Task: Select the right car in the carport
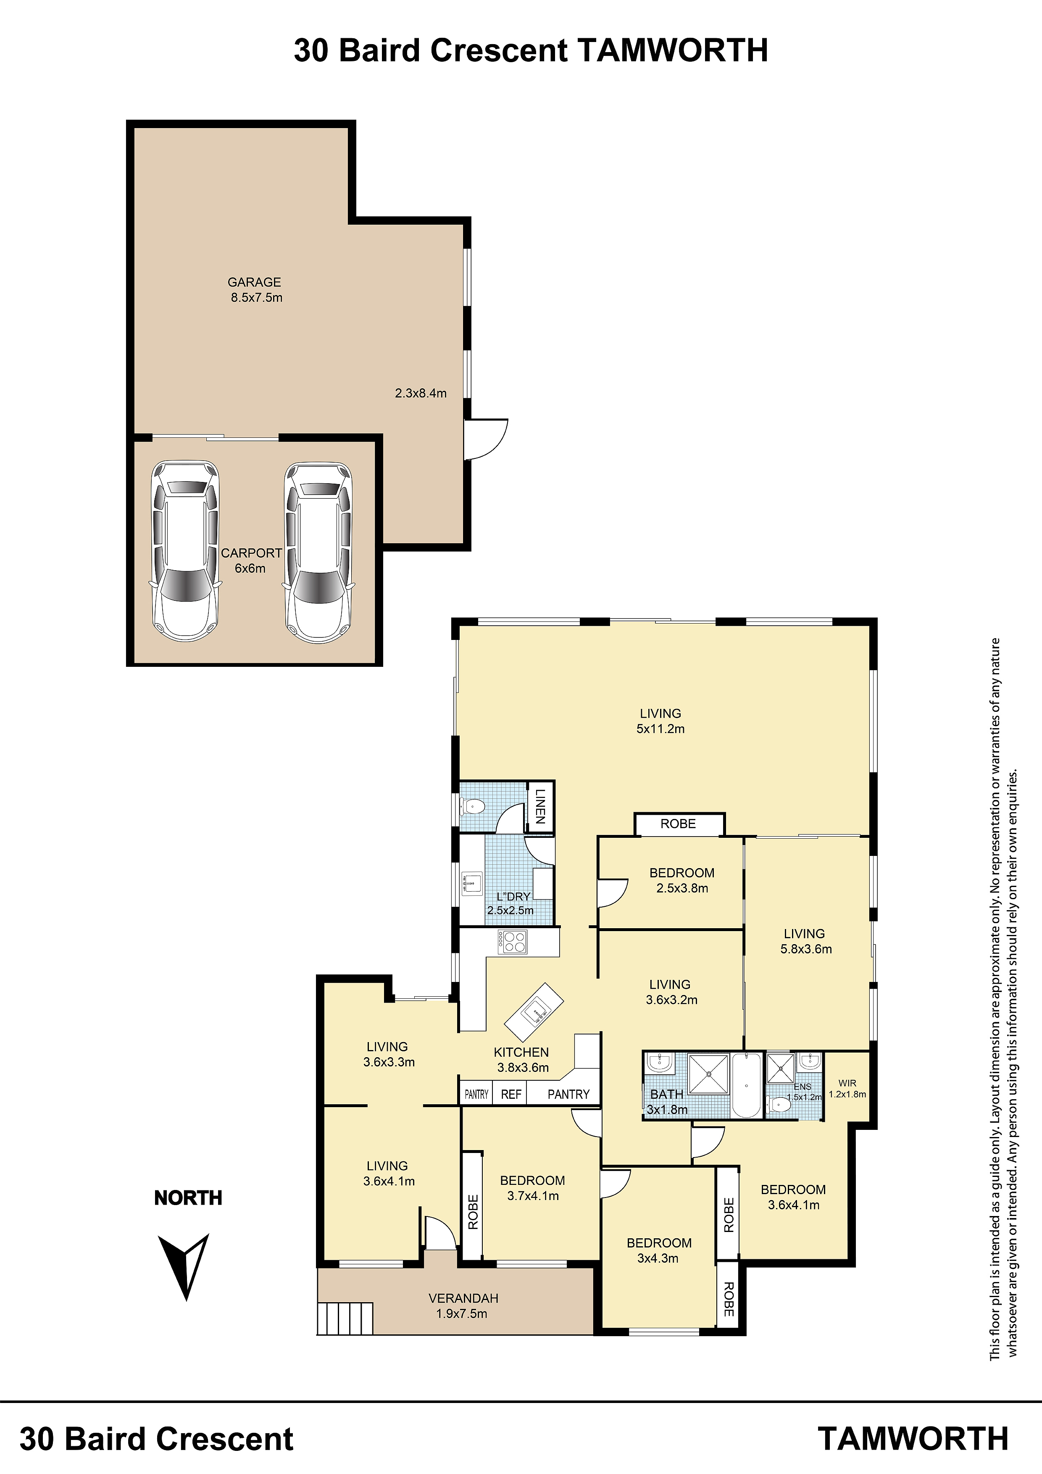318,552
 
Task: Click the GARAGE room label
254,282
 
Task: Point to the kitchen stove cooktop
512,942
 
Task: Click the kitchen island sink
534,1012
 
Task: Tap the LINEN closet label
540,806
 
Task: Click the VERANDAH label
463,1298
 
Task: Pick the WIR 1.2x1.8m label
847,1088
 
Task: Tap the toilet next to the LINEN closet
472,805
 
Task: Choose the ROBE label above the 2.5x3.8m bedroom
678,824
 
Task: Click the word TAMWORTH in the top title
673,50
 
